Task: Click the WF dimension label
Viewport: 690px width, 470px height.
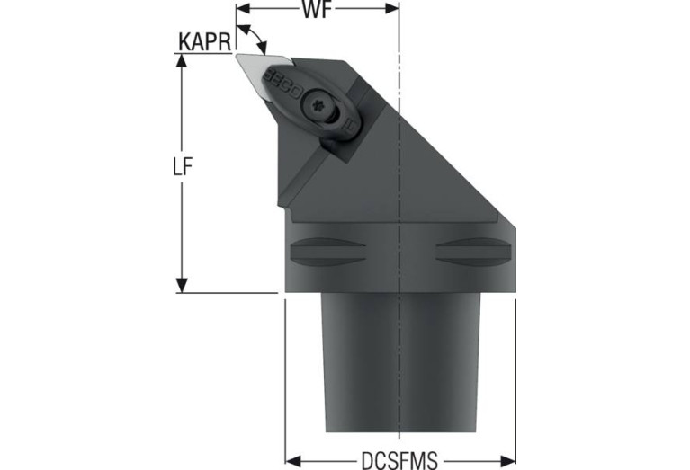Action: [x=316, y=9]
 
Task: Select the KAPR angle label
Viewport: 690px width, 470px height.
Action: [x=204, y=42]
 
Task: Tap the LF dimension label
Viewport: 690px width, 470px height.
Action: [x=183, y=167]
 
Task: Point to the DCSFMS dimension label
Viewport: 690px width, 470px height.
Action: [x=399, y=460]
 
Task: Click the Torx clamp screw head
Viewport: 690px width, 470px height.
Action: [x=317, y=106]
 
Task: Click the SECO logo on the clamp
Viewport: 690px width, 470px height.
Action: [x=282, y=83]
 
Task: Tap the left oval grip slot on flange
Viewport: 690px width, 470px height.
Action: [x=327, y=252]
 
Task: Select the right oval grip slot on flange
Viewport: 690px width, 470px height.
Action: [x=473, y=252]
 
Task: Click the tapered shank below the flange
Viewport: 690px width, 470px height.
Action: [x=400, y=363]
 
